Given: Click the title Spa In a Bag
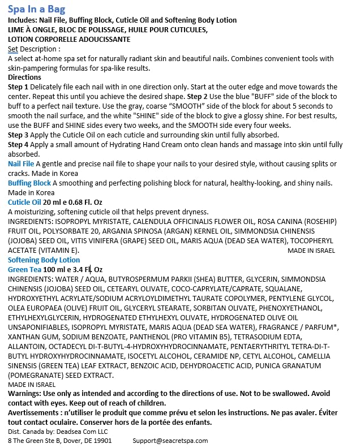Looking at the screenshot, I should coord(36,9).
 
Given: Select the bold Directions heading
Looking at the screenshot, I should coord(24,77).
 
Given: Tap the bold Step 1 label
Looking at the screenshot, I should coord(18,87).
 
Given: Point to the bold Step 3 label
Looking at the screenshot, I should coord(18,135).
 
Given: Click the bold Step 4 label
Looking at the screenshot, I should coord(18,145).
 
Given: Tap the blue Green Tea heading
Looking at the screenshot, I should coord(24,269).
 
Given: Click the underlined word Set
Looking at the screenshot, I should coord(13,49).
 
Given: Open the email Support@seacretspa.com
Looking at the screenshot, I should coord(170,441).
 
